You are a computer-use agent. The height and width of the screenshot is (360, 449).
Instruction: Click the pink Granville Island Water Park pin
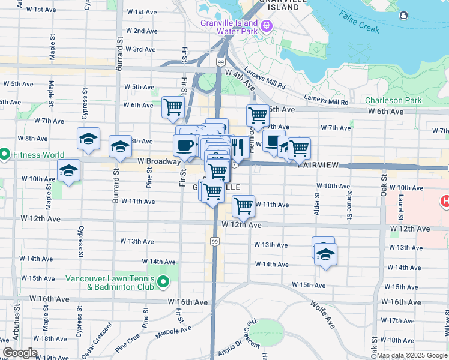click(x=266, y=27)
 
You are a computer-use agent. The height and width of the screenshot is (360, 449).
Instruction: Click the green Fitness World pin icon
click(x=4, y=154)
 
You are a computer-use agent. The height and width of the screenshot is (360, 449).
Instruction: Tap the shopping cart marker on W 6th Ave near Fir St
click(x=173, y=107)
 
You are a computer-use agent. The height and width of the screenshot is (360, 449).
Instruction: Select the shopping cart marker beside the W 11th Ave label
click(x=243, y=206)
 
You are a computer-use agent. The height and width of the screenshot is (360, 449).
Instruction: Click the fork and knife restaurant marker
click(x=237, y=146)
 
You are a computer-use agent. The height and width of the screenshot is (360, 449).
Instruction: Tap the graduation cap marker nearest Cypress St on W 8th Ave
click(x=88, y=139)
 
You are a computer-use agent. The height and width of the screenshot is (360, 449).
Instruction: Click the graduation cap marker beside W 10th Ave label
click(x=68, y=170)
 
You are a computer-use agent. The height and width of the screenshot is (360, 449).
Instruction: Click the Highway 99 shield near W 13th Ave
click(x=214, y=241)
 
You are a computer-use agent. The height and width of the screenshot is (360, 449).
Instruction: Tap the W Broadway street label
click(x=158, y=161)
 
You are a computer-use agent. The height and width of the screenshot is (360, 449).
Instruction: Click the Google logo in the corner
click(x=20, y=353)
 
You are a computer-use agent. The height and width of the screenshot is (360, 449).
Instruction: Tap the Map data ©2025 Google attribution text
click(x=411, y=355)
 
